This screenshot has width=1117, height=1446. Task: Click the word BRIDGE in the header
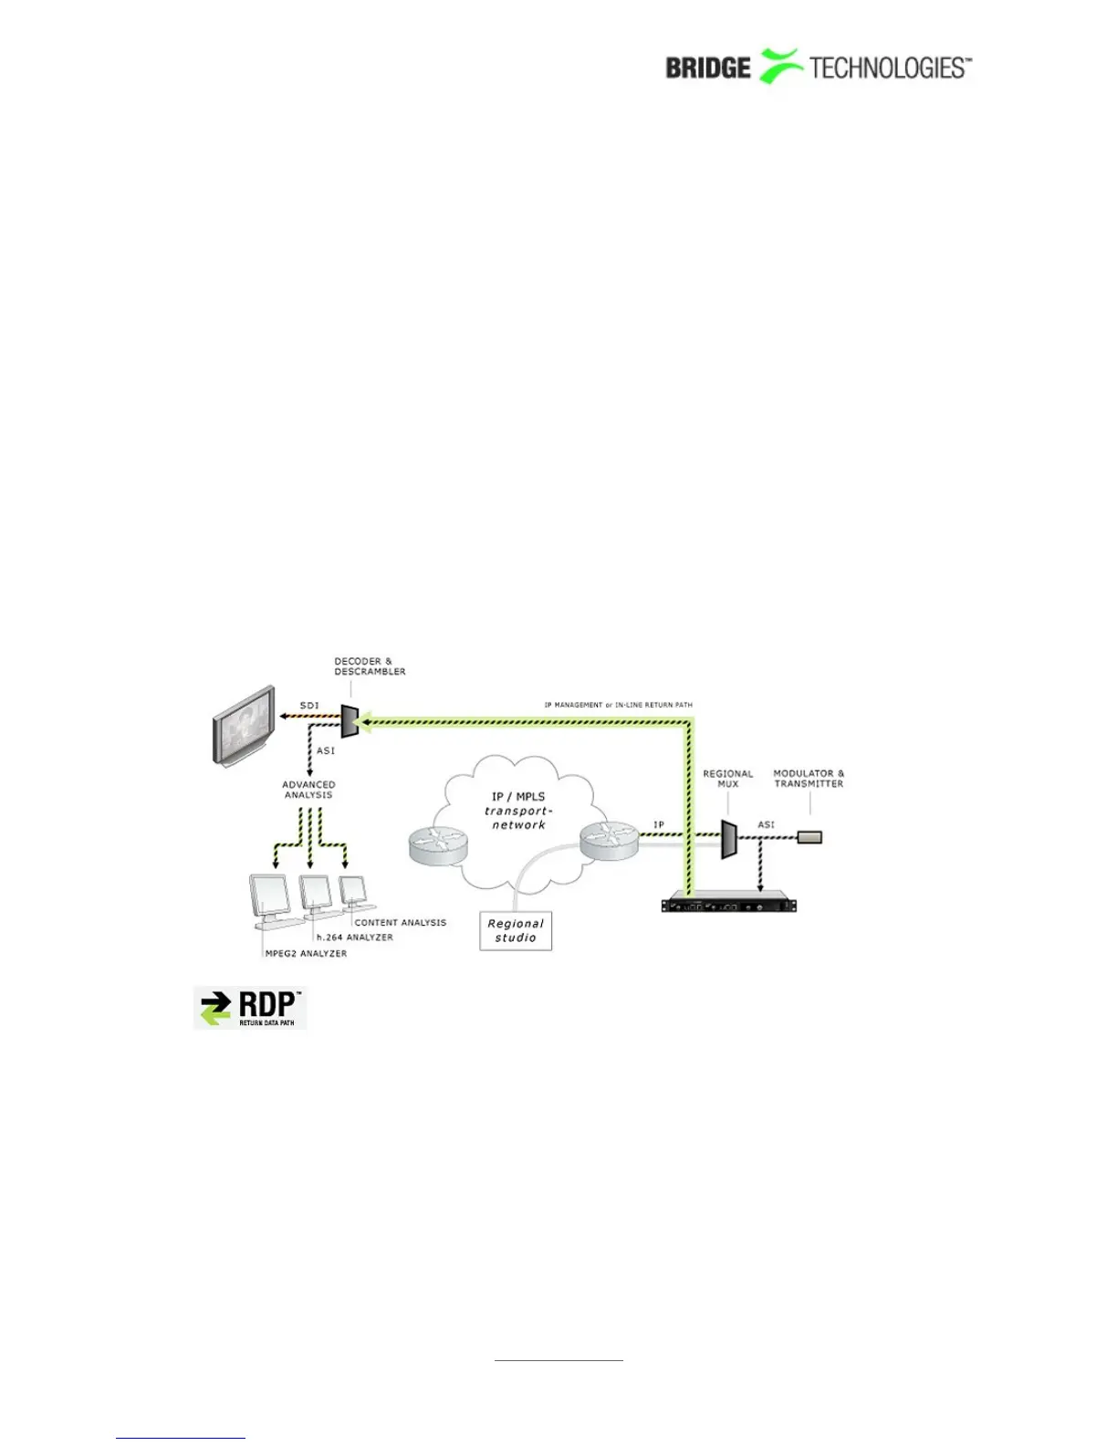pos(707,68)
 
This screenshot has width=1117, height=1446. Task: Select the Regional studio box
pos(516,930)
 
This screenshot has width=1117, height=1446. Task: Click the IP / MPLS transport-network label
pos(518,811)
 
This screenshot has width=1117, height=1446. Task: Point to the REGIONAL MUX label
pos(727,779)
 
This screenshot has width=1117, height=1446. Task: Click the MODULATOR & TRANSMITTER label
pos(809,779)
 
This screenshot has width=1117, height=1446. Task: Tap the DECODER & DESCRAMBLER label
pos(370,666)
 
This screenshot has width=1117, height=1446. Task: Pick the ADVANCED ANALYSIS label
pos(308,790)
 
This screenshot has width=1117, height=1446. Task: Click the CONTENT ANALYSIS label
pos(400,923)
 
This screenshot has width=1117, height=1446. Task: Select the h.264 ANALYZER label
pos(354,938)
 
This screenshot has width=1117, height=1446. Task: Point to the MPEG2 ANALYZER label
pos(306,954)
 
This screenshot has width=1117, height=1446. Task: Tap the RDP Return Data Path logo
pos(250,1008)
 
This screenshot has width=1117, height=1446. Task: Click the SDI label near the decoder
pos(309,706)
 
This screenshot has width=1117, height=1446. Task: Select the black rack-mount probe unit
pos(729,904)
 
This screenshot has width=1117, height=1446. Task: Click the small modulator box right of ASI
pos(809,836)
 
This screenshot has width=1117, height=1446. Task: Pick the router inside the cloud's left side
pos(438,845)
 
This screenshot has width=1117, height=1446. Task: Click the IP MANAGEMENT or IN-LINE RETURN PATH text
pos(618,705)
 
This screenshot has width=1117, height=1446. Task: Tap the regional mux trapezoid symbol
pos(728,839)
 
